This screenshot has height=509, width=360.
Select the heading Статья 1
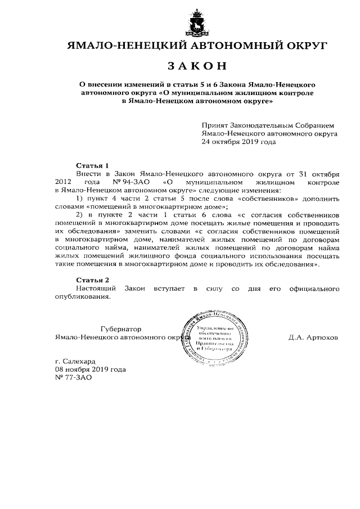92,165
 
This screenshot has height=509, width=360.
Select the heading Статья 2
92,280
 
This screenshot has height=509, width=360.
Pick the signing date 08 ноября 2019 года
90,369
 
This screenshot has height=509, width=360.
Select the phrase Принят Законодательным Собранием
268,125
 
